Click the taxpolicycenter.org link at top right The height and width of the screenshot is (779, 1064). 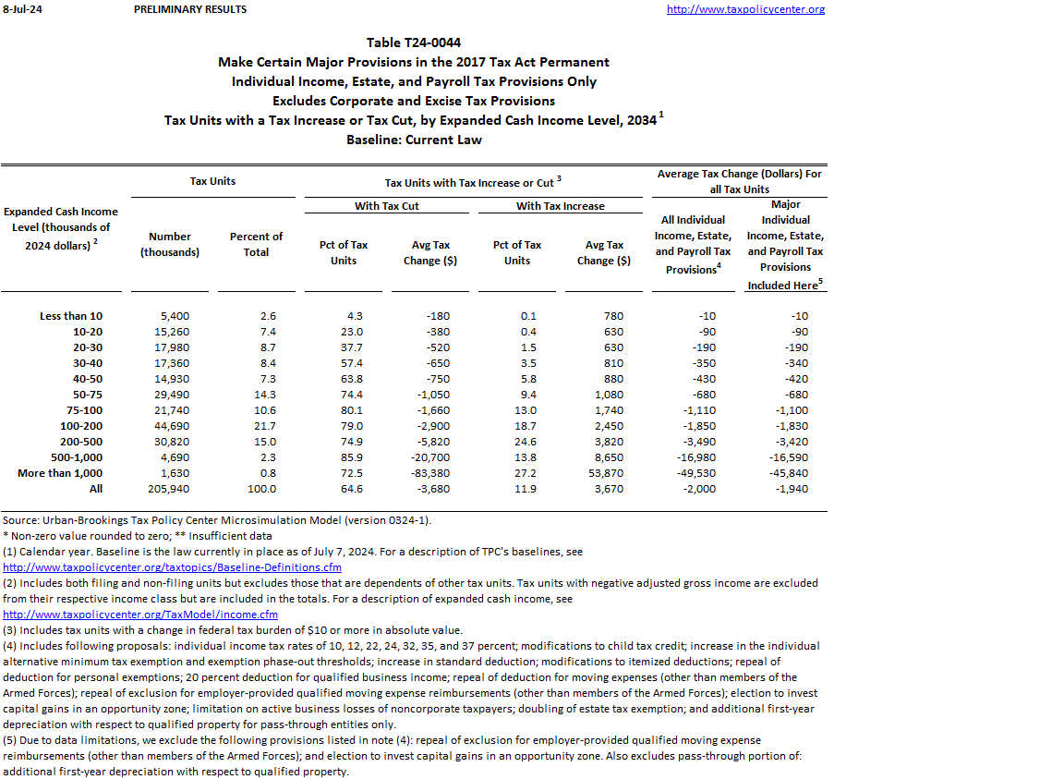(745, 9)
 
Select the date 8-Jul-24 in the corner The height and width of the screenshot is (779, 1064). (19, 9)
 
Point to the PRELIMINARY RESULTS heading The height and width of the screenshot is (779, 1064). (190, 9)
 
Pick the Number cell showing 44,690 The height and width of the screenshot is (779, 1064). (170, 426)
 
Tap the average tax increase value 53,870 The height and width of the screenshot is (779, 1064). (604, 473)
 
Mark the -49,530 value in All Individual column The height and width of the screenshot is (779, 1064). (695, 473)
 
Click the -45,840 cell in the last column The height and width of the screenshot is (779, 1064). (788, 473)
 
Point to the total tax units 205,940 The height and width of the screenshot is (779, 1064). (170, 489)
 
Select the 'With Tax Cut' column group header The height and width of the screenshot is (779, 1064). (387, 205)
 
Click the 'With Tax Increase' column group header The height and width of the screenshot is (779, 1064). (561, 205)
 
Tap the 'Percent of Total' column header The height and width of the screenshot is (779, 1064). (256, 244)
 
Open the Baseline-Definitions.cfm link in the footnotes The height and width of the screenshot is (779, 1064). (173, 567)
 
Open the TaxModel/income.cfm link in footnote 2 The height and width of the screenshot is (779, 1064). (140, 615)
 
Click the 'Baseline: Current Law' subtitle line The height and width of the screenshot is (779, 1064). (414, 140)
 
